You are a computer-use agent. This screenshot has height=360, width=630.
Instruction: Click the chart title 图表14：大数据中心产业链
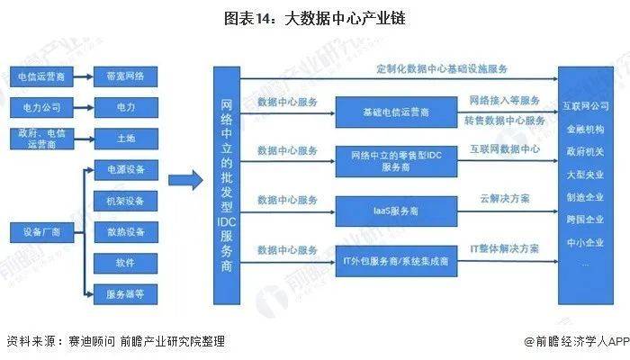coord(315,18)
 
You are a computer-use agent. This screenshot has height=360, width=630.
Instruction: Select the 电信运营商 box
coord(41,76)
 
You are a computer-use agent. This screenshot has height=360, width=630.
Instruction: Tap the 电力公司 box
coord(41,108)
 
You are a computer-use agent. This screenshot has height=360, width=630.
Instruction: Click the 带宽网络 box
coord(125,76)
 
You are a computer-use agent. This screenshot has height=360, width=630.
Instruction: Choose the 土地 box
coord(125,139)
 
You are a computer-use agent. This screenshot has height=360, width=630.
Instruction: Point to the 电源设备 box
coord(125,170)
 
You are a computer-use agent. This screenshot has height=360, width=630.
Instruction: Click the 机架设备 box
coord(125,201)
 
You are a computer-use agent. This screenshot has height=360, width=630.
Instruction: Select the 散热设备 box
coord(125,232)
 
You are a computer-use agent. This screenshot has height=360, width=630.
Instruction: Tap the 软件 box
coord(125,263)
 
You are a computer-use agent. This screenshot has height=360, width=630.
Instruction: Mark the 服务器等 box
coord(125,292)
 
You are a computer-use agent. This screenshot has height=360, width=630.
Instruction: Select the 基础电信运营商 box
coord(395,112)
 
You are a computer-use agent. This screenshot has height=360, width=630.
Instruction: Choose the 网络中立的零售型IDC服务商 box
coord(395,162)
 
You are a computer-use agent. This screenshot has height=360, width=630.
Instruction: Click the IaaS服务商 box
coord(395,211)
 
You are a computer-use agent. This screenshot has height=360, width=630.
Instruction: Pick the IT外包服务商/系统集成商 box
coord(395,261)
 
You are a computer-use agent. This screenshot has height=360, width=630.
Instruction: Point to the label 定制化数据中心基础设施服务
coord(442,69)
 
